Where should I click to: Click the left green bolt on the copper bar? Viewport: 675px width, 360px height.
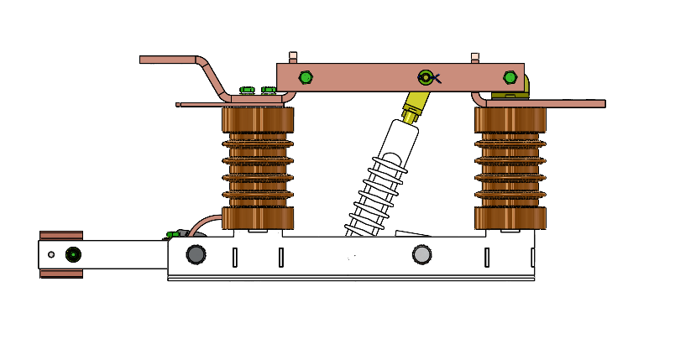pyautogui.click(x=306, y=78)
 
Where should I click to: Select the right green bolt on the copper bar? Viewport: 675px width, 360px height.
pyautogui.click(x=510, y=78)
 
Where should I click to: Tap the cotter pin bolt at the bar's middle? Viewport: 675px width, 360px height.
pyautogui.click(x=426, y=78)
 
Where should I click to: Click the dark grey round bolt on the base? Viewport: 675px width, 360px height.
pyautogui.click(x=196, y=254)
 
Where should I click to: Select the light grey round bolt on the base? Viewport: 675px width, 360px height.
pyautogui.click(x=421, y=254)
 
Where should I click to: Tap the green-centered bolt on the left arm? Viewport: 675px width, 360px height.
pyautogui.click(x=73, y=254)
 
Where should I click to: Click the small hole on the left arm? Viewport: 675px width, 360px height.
pyautogui.click(x=51, y=254)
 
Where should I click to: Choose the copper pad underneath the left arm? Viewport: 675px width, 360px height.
pyautogui.click(x=61, y=273)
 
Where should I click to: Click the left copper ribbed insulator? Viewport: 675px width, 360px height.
pyautogui.click(x=258, y=168)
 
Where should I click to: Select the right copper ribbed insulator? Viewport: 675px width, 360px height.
pyautogui.click(x=510, y=168)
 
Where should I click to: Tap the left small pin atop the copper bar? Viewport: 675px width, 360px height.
pyautogui.click(x=293, y=57)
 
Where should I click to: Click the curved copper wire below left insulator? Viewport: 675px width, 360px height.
pyautogui.click(x=201, y=222)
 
